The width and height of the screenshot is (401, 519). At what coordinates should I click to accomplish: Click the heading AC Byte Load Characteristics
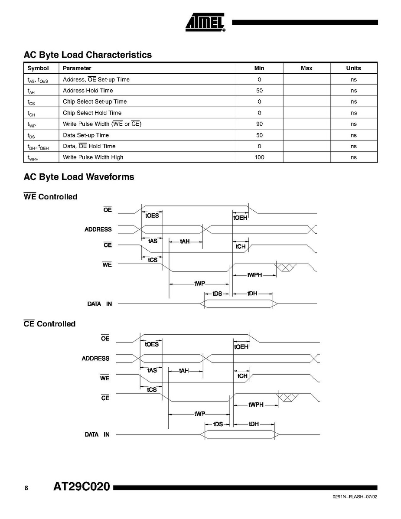click(88, 55)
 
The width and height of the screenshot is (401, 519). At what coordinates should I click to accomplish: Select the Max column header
click(306, 68)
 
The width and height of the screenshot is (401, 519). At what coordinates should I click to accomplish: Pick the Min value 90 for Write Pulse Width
click(259, 124)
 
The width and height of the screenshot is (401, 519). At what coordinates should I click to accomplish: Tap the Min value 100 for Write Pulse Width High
click(259, 157)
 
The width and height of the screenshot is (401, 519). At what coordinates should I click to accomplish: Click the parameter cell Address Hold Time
click(88, 91)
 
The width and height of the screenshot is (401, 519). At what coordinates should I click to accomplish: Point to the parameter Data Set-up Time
click(86, 135)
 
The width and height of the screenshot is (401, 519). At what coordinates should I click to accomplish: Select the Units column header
click(353, 68)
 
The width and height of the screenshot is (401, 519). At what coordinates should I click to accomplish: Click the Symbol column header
click(38, 68)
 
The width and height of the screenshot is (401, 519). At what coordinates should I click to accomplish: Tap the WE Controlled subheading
click(50, 197)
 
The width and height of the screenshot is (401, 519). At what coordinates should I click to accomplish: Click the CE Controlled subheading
click(49, 324)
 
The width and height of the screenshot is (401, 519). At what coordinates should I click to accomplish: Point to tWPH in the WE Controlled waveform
click(254, 275)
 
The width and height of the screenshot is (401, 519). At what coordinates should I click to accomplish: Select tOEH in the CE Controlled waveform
click(241, 346)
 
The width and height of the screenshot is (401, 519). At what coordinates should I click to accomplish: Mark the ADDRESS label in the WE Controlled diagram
click(98, 229)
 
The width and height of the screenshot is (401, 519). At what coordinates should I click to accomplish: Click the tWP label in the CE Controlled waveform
click(199, 414)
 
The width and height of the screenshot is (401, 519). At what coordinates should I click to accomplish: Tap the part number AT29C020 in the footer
click(82, 487)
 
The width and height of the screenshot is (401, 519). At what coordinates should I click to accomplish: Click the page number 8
click(26, 488)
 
